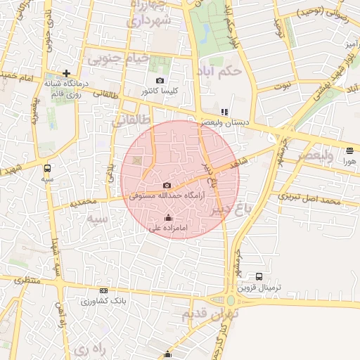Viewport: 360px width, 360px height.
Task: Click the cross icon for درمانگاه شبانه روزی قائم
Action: [67, 73]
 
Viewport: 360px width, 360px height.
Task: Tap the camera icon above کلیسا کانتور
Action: [160, 81]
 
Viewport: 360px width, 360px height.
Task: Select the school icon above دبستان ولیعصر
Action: [224, 112]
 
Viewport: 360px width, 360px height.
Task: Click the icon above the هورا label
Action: [350, 150]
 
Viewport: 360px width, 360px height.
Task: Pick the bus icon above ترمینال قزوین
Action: [259, 276]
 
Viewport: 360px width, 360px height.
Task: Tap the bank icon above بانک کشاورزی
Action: [104, 291]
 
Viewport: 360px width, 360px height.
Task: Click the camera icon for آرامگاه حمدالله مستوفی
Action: [167, 184]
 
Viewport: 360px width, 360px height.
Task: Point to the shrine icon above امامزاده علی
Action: [167, 218]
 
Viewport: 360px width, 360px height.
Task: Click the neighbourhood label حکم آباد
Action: [221, 71]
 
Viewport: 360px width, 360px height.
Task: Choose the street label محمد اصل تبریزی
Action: [309, 199]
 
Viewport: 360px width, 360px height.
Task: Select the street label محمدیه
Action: [83, 203]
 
